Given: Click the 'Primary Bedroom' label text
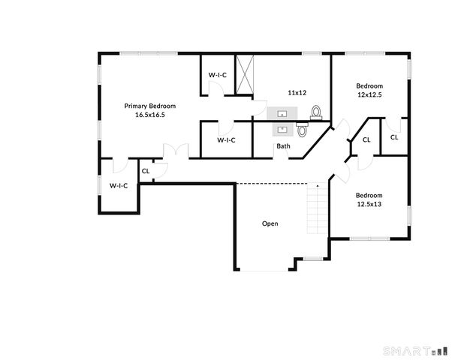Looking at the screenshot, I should point(150,106).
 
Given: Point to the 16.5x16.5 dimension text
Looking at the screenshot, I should point(150,115).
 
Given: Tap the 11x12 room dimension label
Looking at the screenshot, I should point(297,92).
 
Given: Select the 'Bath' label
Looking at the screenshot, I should point(283,146).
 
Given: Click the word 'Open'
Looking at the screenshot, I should point(270,223).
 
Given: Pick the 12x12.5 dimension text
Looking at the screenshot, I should point(369,95).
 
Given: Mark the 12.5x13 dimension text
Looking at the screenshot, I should point(369,204).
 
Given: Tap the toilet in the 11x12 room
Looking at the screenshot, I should point(316,113).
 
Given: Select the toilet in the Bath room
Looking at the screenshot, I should point(303,130).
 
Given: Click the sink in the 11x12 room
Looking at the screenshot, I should point(282,113).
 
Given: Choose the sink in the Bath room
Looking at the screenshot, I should point(284,128).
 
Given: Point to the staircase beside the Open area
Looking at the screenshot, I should point(318,211).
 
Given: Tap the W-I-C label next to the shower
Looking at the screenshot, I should point(218,74).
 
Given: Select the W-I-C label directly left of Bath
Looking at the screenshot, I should point(226,140).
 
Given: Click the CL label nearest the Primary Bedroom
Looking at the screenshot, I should point(146,171).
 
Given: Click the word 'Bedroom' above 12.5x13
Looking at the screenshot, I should point(369,194).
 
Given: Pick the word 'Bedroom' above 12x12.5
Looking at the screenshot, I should point(369,85).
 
